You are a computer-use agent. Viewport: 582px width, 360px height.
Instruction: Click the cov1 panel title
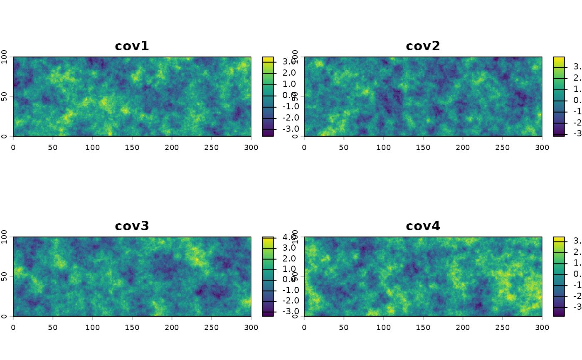pos(132,46)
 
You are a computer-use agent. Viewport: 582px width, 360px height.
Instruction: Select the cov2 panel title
pos(423,46)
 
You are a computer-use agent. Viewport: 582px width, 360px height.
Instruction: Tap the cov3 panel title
pos(132,226)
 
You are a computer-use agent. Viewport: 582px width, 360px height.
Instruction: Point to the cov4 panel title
pos(423,226)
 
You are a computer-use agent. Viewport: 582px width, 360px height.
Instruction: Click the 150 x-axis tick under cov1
pos(132,147)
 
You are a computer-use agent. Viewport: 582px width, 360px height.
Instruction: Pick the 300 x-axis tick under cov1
pos(251,147)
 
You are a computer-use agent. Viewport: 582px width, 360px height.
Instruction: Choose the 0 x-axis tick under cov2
pos(304,147)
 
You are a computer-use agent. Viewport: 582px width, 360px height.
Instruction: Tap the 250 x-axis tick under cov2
pos(503,147)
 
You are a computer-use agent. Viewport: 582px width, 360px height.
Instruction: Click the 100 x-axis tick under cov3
pos(93,327)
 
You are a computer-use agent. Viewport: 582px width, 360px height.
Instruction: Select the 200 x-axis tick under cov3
pos(172,327)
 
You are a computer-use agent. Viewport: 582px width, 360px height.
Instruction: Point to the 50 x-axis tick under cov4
pos(344,327)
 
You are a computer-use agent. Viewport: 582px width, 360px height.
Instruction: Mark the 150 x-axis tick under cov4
pos(423,327)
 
